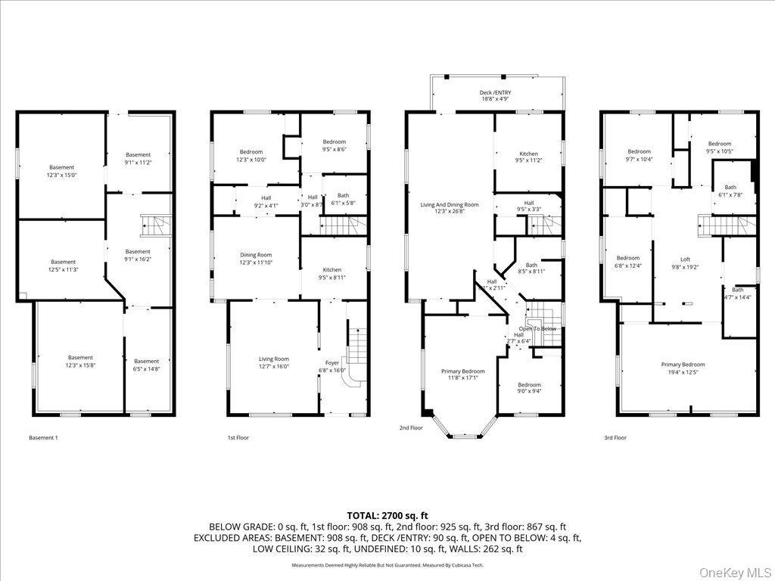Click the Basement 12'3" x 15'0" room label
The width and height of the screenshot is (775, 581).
pyautogui.click(x=62, y=171)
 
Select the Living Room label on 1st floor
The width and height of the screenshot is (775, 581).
pyautogui.click(x=274, y=363)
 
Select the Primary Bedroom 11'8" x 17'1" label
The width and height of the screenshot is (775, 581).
pyautogui.click(x=462, y=375)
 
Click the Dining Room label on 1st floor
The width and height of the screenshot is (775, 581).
pyautogui.click(x=256, y=259)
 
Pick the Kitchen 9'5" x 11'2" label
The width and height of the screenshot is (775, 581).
pyautogui.click(x=528, y=157)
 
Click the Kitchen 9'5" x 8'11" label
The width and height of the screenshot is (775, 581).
pyautogui.click(x=331, y=273)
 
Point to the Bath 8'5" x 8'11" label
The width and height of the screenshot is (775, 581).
pyautogui.click(x=531, y=269)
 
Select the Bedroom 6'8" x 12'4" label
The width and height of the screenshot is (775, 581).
pyautogui.click(x=627, y=261)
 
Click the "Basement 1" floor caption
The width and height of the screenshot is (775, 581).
pyautogui.click(x=43, y=437)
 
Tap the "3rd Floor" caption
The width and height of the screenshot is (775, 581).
pyautogui.click(x=615, y=437)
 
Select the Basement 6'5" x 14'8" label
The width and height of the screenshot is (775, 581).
pyautogui.click(x=147, y=365)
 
